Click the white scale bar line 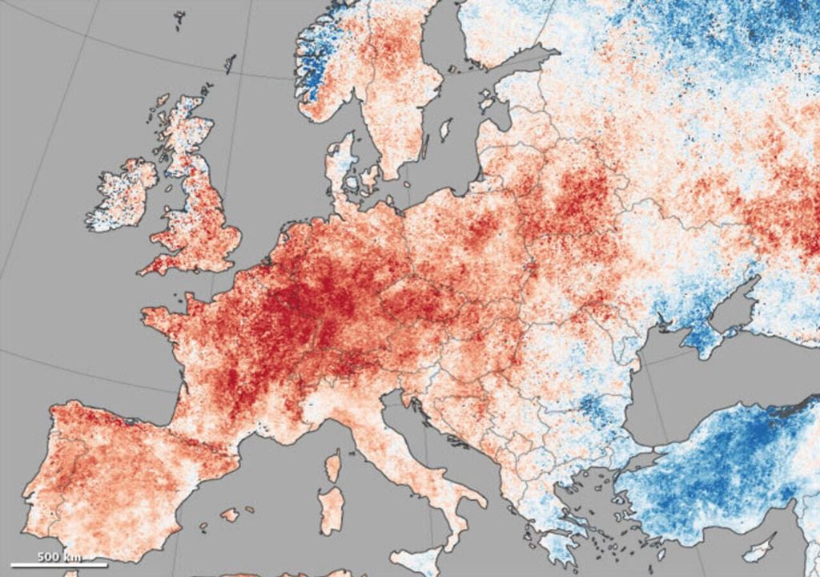[59, 565]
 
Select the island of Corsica [332, 465]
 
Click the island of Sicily [420, 560]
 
